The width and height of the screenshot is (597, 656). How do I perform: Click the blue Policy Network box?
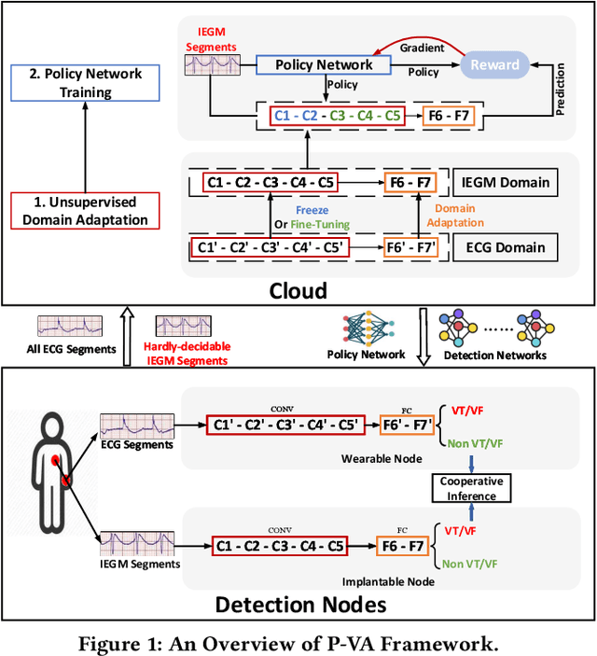(325, 64)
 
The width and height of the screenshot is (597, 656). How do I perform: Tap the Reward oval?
(493, 64)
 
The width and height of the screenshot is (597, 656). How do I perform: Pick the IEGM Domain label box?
(506, 184)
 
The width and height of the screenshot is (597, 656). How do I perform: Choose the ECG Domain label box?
(506, 247)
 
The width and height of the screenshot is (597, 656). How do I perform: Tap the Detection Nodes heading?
(299, 604)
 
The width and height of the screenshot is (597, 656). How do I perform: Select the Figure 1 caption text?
(298, 640)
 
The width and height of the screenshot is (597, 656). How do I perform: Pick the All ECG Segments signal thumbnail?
(64, 326)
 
